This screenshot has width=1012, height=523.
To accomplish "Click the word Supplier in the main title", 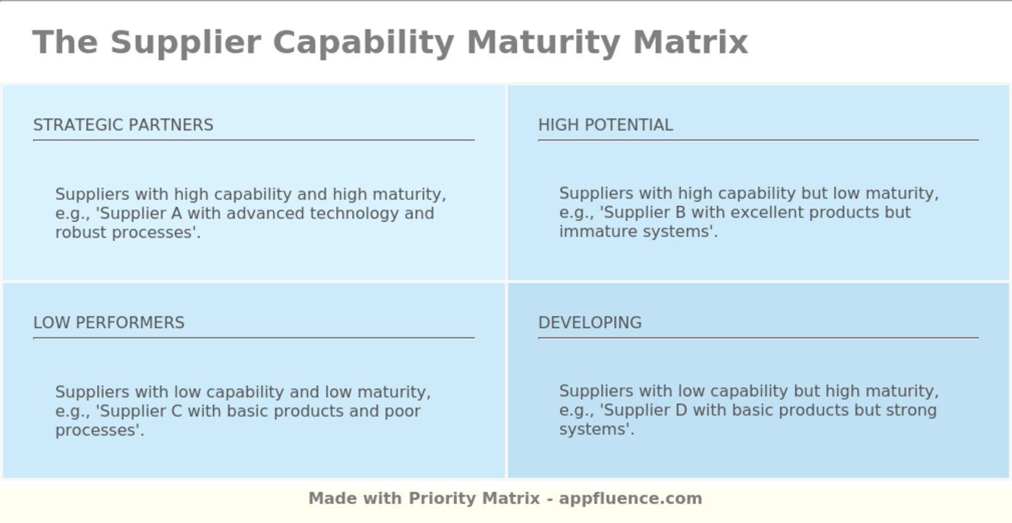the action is pyautogui.click(x=185, y=43).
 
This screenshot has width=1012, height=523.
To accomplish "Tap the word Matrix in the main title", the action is pyautogui.click(x=691, y=42).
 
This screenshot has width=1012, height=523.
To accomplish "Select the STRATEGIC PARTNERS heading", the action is pyautogui.click(x=124, y=125).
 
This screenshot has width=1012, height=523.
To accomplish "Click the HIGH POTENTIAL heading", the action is pyautogui.click(x=606, y=125).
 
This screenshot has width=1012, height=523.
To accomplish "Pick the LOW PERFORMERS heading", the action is pyautogui.click(x=109, y=322).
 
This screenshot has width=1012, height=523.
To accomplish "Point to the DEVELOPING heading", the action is pyautogui.click(x=590, y=322).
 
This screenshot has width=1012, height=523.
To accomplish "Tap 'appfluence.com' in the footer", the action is pyautogui.click(x=630, y=499).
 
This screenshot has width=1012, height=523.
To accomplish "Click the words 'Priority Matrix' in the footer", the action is pyautogui.click(x=474, y=498).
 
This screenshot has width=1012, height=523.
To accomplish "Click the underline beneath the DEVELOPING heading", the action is pyautogui.click(x=758, y=337).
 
